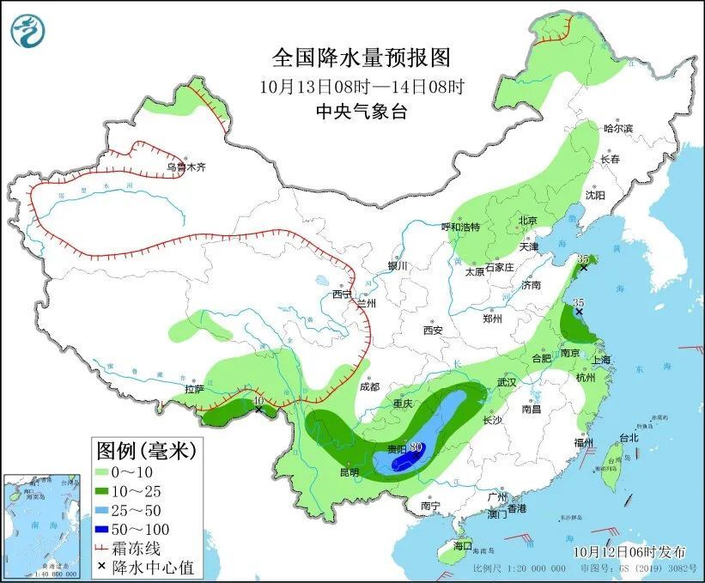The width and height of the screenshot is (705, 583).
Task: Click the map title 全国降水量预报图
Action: tap(361, 58)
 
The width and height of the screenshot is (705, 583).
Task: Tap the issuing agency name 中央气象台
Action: tap(361, 111)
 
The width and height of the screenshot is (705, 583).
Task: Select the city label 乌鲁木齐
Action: tap(186, 167)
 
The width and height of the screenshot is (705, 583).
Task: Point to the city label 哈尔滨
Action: tap(617, 129)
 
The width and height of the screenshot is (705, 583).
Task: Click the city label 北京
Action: tap(527, 220)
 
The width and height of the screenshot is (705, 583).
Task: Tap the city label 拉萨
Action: tap(195, 390)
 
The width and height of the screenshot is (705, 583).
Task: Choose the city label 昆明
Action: tap(348, 472)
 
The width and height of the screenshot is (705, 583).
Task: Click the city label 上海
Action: tap(600, 360)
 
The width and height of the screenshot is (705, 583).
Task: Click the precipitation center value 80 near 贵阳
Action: tap(416, 446)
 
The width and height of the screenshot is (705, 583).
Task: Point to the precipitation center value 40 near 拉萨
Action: tap(258, 399)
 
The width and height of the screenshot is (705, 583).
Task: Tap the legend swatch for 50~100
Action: tap(102, 528)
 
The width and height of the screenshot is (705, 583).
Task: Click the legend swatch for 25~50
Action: tap(102, 509)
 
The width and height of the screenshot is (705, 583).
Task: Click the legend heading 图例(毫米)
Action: tap(146, 449)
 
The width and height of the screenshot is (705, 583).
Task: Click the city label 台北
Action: tap(629, 437)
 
